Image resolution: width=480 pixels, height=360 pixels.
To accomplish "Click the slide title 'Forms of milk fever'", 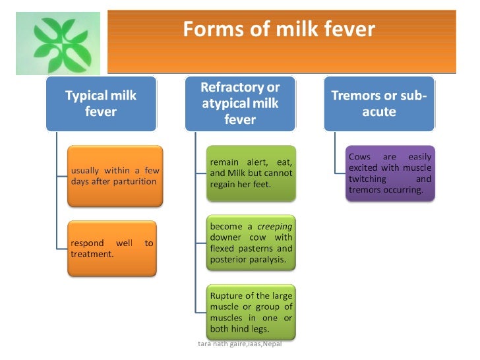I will (279, 30).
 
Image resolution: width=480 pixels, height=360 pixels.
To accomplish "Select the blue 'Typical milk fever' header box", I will (101, 104).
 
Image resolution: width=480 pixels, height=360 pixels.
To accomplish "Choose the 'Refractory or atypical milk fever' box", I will (240, 104).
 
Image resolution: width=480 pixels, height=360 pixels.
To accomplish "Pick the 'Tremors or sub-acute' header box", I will (378, 104).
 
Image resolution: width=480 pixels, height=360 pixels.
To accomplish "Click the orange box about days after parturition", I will (114, 175).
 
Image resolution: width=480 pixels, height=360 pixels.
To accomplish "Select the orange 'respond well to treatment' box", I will (113, 248).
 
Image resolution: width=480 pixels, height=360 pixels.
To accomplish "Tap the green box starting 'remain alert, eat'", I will (251, 173).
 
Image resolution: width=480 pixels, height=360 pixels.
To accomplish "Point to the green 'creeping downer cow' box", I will (251, 243).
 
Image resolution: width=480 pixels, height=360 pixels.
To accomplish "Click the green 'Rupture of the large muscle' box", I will (251, 311).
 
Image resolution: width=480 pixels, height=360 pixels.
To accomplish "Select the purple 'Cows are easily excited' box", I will (390, 173).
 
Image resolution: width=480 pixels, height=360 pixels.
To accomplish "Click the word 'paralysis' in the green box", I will (269, 259).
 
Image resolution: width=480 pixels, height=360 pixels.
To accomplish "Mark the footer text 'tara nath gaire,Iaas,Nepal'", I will (239, 344).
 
